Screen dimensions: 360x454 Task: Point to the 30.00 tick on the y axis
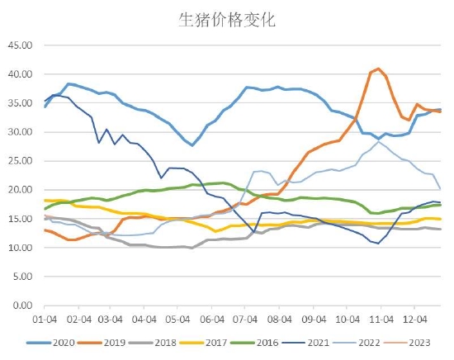click(x=21, y=132)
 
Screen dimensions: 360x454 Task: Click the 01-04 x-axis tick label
click(x=45, y=317)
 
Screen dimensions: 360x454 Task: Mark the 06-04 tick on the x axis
click(x=212, y=317)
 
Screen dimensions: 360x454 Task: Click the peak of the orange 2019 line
click(x=378, y=69)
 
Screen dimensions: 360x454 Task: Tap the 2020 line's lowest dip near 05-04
click(x=192, y=145)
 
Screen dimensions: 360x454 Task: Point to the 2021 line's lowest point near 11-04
click(x=378, y=244)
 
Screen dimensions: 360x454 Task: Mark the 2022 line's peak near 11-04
click(x=378, y=142)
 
